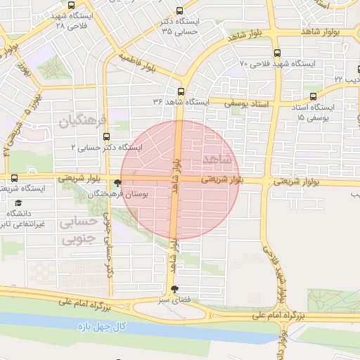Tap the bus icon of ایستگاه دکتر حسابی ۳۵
(x=179, y=11)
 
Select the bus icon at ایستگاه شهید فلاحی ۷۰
(x=276, y=53)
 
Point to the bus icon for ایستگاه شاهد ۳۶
(x=181, y=91)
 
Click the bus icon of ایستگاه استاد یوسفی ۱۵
(x=313, y=97)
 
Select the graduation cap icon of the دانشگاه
(x=17, y=203)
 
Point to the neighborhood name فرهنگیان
(x=82, y=121)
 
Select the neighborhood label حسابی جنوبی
(x=78, y=231)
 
